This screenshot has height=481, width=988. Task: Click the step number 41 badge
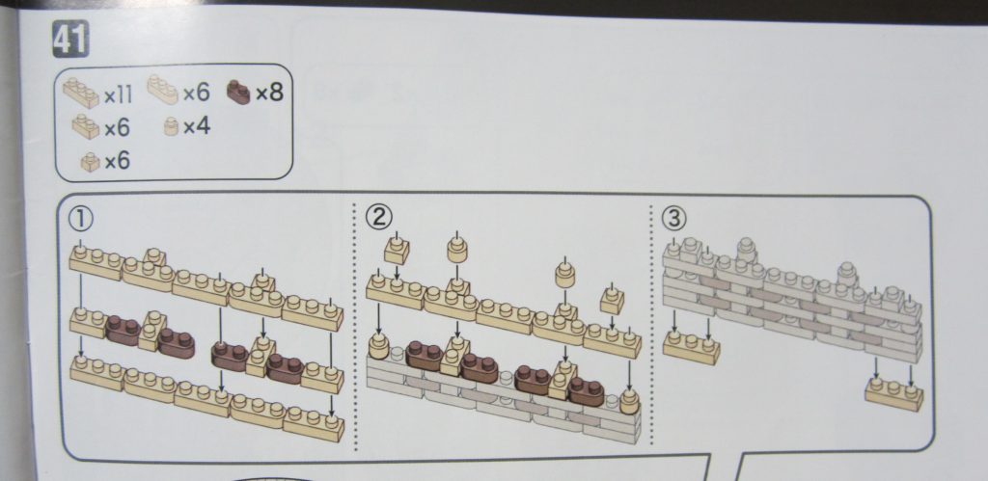(70, 39)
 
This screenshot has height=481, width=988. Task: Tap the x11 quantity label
(118, 95)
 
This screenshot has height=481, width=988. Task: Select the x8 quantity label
(269, 94)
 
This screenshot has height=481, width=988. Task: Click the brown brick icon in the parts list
(239, 93)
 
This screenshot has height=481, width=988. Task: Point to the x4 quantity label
(197, 127)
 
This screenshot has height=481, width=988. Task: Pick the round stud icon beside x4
(172, 126)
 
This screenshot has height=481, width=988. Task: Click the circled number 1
(81, 219)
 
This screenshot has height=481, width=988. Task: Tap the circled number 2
(379, 217)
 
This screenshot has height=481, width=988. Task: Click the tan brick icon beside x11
(81, 94)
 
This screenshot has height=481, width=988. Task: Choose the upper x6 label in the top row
(196, 94)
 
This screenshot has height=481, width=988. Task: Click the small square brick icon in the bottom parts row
(90, 163)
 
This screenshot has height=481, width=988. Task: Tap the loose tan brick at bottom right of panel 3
(894, 393)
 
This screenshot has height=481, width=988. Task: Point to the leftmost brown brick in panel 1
(123, 330)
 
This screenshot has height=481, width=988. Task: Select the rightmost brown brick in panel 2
(586, 391)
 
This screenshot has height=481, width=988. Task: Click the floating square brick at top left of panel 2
(397, 250)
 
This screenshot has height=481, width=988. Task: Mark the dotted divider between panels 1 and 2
(355, 326)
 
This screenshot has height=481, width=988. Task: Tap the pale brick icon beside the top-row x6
(162, 90)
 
